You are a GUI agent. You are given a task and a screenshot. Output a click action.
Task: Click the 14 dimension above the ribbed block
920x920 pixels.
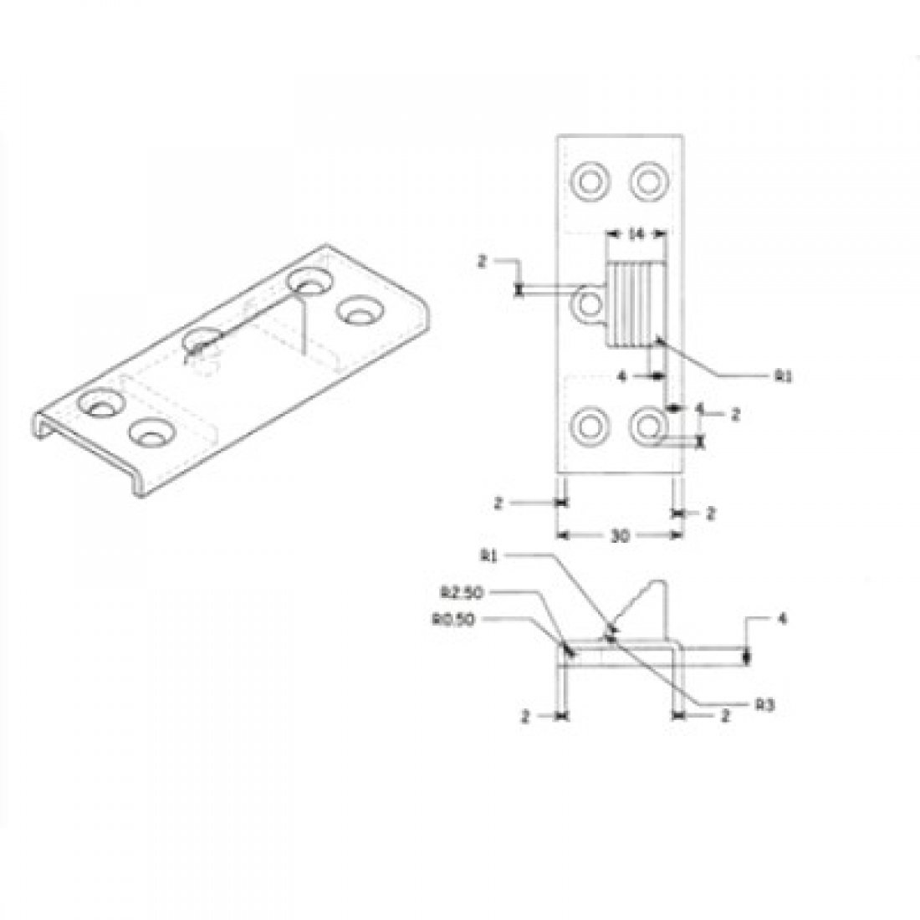point(636,236)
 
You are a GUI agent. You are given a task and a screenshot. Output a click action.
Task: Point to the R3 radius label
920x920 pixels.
point(762,705)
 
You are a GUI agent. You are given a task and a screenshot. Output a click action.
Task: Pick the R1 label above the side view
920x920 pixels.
point(489,555)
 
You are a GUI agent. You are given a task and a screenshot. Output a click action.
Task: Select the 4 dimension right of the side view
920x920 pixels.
point(780,620)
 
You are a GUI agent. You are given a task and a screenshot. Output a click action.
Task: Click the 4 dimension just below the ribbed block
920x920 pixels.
point(621,376)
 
